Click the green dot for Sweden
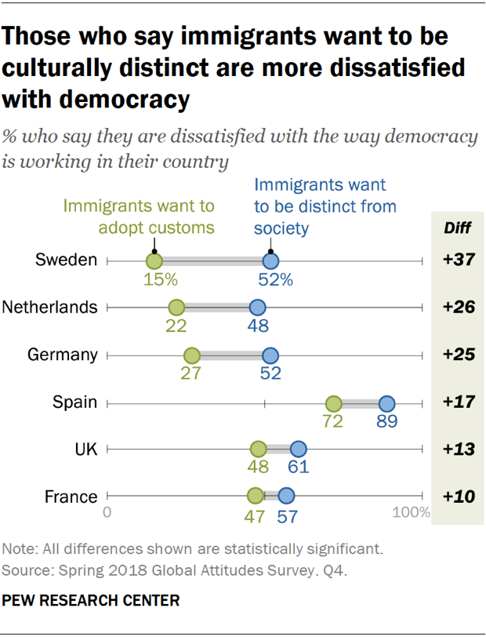(x=154, y=261)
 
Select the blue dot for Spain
(x=386, y=404)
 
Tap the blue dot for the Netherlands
(x=257, y=308)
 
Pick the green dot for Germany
(x=191, y=355)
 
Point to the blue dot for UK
(x=298, y=449)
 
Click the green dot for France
(x=255, y=496)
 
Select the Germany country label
(x=63, y=355)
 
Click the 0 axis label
(x=107, y=514)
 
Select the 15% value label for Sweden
(x=161, y=279)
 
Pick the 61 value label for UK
(x=298, y=467)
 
